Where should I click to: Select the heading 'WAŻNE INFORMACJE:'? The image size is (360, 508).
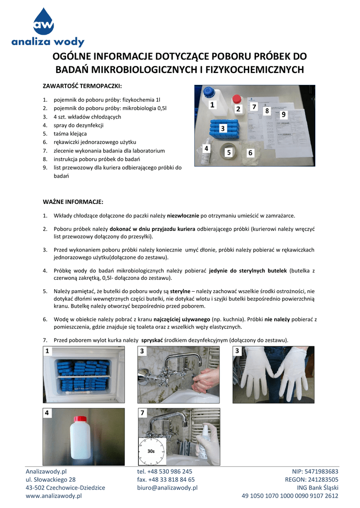tap(74, 202)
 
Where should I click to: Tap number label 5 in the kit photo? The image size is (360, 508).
tap(228, 153)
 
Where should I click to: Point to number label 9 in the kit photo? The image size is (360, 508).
tap(284, 115)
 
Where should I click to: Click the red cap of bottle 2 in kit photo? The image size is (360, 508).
tap(237, 98)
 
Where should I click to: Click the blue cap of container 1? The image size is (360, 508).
tap(210, 91)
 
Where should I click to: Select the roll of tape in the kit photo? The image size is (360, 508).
tap(229, 153)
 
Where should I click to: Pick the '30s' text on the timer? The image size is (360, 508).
tap(151, 451)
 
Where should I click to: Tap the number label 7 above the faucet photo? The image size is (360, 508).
tap(143, 413)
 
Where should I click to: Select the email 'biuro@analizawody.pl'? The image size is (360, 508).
tap(167, 487)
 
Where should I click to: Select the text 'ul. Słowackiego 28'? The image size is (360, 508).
tap(51, 479)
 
